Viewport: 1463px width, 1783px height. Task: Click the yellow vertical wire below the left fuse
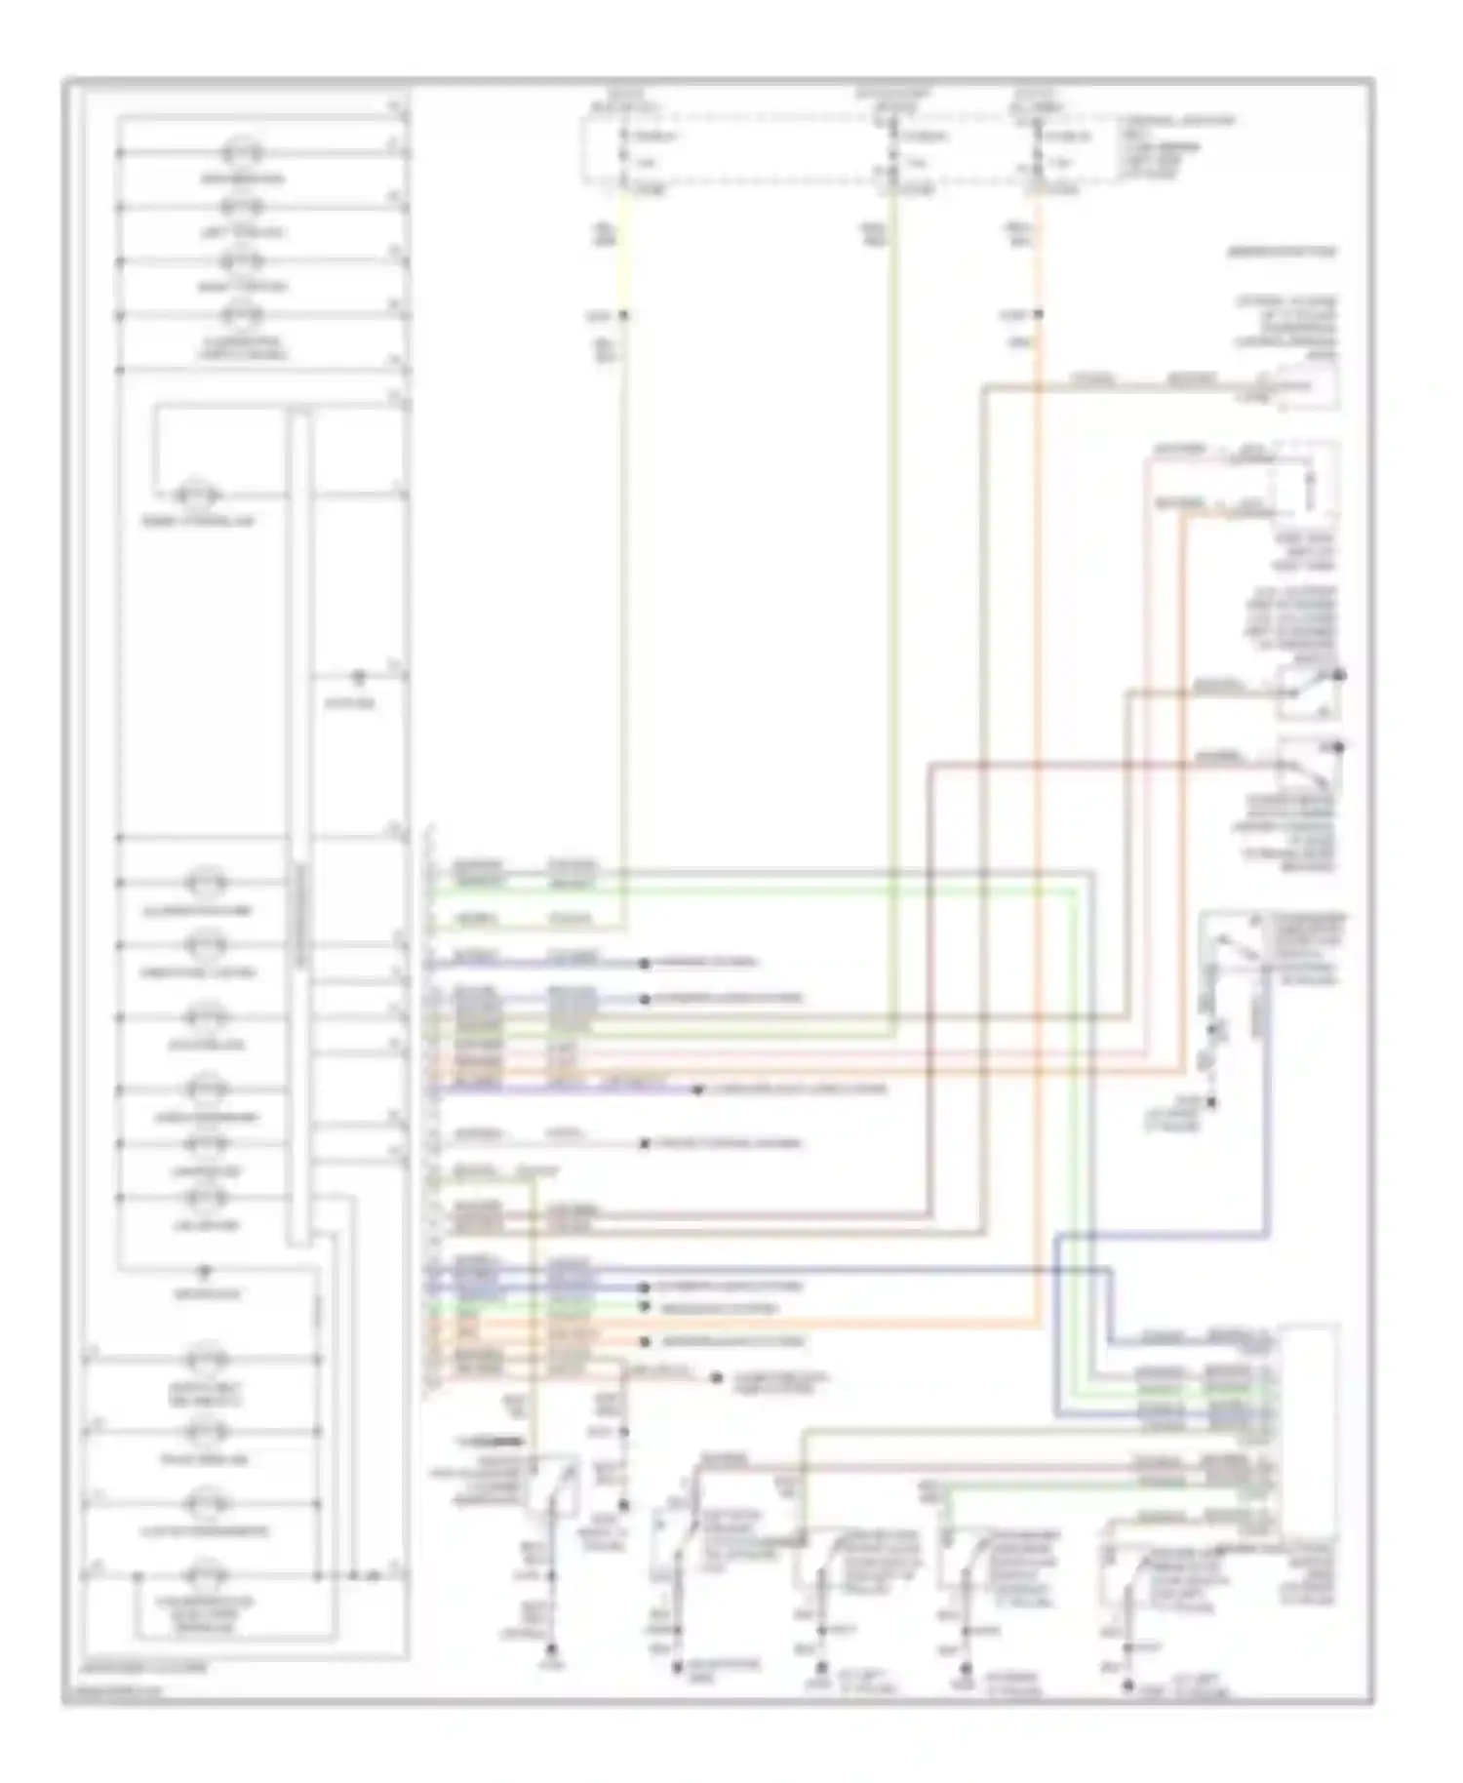[x=622, y=585]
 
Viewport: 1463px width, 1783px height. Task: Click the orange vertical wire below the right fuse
[x=1038, y=683]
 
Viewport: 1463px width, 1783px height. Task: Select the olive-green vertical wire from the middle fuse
[x=891, y=585]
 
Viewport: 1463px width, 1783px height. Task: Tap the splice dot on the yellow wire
[x=623, y=316]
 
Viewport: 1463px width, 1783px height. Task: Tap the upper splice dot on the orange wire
[x=1039, y=315]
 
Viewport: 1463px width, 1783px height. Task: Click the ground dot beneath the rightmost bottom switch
[x=1127, y=1684]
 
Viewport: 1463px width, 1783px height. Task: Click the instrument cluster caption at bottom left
[x=146, y=1668]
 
